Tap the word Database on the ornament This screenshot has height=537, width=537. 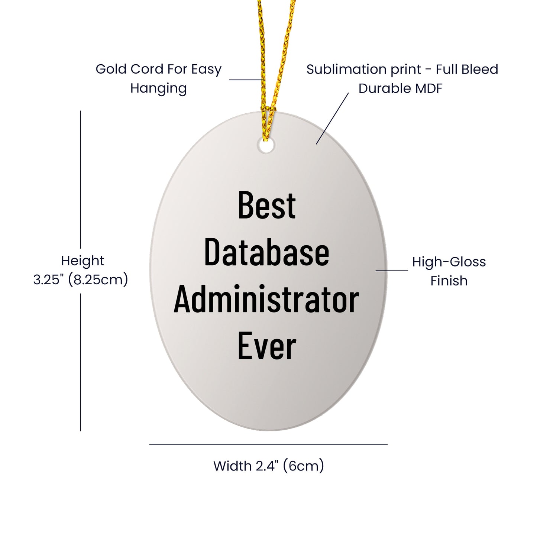tap(266, 252)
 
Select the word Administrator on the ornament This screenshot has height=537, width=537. tap(266, 300)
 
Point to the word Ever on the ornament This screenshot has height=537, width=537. tap(266, 346)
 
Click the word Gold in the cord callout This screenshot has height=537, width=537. tap(111, 69)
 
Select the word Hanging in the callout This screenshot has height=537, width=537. tap(158, 88)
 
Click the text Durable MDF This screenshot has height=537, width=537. tap(400, 88)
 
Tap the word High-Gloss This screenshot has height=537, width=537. tap(449, 262)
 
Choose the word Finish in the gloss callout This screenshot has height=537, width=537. tap(449, 281)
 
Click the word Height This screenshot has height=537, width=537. tap(83, 261)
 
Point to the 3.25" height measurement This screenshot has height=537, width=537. tap(48, 279)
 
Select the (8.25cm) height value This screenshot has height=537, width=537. tap(98, 279)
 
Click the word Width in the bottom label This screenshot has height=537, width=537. tap(232, 466)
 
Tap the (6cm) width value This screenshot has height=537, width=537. tap(303, 466)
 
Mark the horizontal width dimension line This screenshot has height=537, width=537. tap(268, 444)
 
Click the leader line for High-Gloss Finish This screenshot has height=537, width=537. tap(392, 271)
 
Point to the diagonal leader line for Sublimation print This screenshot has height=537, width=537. tap(333, 118)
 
